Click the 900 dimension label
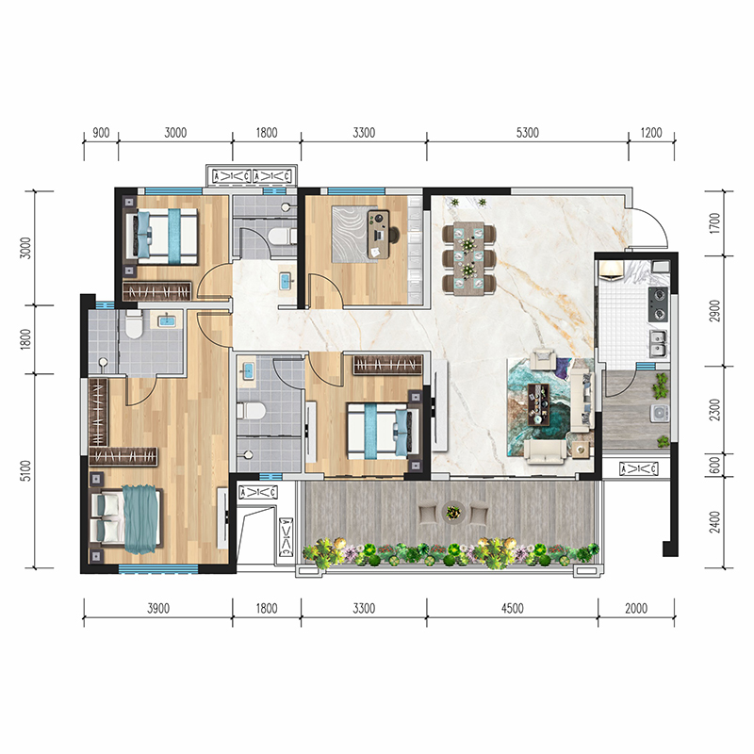point(101,133)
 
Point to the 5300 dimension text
point(528,133)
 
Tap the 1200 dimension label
point(651,133)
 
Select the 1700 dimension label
point(715,223)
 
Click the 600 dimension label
point(715,465)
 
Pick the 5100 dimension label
point(26,470)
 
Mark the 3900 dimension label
point(158,609)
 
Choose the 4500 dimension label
point(512,609)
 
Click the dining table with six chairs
point(468,258)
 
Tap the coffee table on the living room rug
point(538,404)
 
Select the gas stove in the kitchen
point(658,304)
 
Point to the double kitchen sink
point(658,344)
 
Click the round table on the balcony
point(453,512)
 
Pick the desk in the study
point(378,234)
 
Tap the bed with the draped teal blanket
point(126,519)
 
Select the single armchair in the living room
point(543,359)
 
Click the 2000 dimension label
point(635,609)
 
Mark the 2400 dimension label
point(715,522)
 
